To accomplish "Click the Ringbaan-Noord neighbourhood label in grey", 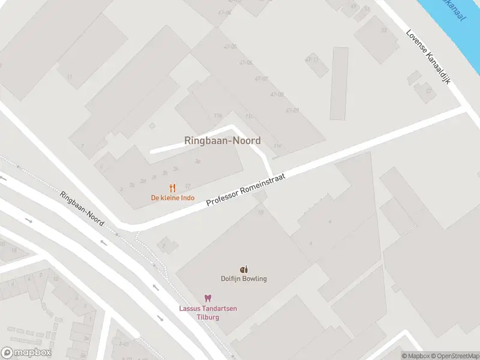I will point(222,141).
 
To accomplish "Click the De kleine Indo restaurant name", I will point(172,198).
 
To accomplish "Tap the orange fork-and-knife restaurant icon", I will point(173,187).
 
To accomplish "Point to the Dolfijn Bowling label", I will point(243,278).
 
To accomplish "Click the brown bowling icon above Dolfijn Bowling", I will point(243,269).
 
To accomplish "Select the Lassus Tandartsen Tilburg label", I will point(208,312).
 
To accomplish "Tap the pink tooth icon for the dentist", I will point(208,298).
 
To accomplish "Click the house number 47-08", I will point(277,95).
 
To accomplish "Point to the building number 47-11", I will point(311,59).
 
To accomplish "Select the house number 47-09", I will point(292,110).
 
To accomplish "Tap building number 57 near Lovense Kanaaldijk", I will point(428,91).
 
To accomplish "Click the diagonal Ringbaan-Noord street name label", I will point(82,208).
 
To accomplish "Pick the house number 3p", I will point(197,161).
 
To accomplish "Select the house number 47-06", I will point(245,62).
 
